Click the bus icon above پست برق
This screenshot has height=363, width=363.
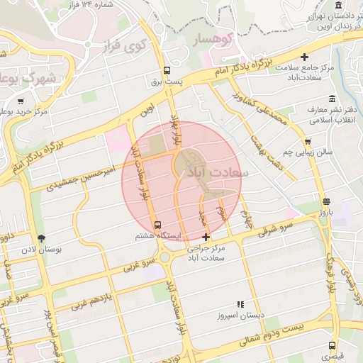coord(167,70)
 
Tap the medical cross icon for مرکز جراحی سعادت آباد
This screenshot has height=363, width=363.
coord(206,237)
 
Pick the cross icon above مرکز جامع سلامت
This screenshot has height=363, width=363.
coord(305,57)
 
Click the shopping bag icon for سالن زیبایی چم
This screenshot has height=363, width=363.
coord(306,140)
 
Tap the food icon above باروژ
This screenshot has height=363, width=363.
coord(325,201)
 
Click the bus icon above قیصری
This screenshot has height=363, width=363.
coord(332,345)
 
